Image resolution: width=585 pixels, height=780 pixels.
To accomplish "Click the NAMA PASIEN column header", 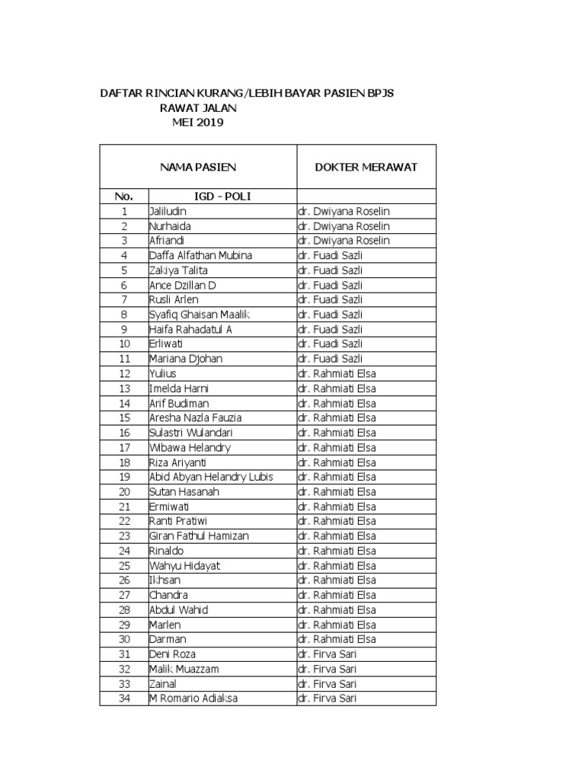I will [197, 168].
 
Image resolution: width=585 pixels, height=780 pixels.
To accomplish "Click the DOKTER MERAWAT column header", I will [366, 168].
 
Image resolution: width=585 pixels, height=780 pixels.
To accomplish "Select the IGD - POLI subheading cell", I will [222, 197].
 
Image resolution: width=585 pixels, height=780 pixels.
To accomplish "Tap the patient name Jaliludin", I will [168, 211].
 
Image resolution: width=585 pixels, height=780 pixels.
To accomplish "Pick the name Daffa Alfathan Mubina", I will [200, 255].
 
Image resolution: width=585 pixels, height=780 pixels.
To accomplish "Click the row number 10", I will [124, 344].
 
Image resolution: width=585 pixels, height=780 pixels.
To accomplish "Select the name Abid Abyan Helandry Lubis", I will [211, 477].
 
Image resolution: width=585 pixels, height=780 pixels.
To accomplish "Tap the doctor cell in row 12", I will [337, 374].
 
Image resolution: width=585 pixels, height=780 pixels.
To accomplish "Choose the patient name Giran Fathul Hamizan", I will [199, 536].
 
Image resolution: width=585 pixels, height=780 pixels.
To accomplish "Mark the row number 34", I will [124, 698].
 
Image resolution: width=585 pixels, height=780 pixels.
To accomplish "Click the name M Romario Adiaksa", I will [193, 698].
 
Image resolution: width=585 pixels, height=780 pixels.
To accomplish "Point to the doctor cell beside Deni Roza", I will [327, 654].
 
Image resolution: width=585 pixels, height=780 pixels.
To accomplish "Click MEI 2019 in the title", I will [198, 123].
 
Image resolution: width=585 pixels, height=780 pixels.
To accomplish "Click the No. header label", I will [124, 197].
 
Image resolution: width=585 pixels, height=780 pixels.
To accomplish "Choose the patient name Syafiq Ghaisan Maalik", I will [200, 315].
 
